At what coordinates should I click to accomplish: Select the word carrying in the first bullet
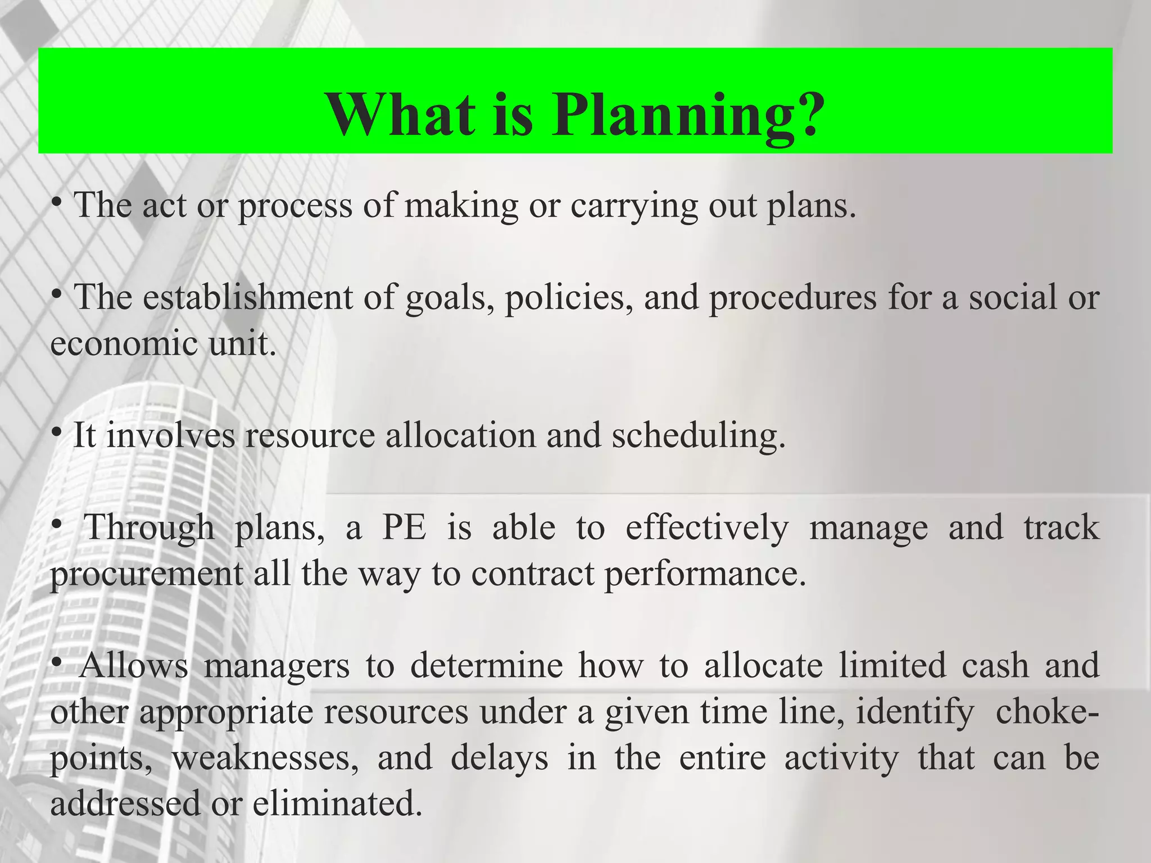pyautogui.click(x=634, y=206)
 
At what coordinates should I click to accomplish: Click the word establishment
pyautogui.click(x=247, y=297)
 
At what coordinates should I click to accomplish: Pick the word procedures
pyautogui.click(x=792, y=297)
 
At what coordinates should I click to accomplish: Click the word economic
pyautogui.click(x=124, y=343)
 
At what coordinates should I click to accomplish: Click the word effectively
pyautogui.click(x=707, y=528)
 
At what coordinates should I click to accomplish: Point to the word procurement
pyautogui.click(x=146, y=574)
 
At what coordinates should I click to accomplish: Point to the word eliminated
pyautogui.click(x=337, y=804)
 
